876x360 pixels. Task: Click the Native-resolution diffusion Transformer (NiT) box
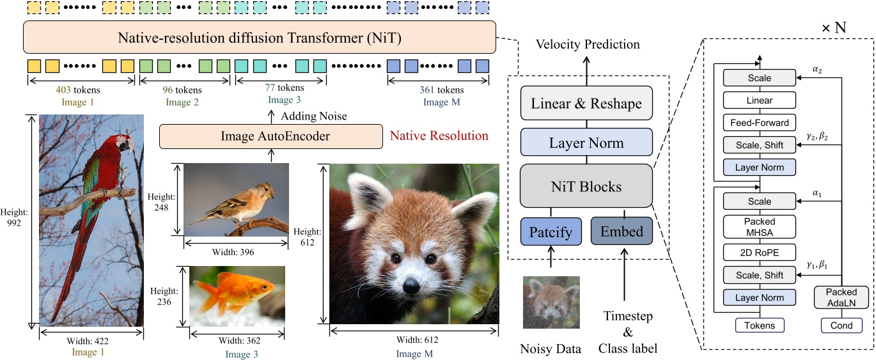point(260,38)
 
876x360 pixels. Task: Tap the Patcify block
point(551,231)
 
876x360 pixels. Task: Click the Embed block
point(622,231)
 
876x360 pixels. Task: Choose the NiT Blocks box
point(586,187)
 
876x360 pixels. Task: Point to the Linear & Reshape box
point(586,104)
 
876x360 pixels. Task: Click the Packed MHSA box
point(760,226)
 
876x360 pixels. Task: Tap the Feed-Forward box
point(760,122)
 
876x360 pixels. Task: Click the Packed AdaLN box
point(841,296)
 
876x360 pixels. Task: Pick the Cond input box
point(841,325)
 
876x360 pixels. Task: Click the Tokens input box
point(760,325)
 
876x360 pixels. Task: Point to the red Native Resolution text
point(439,136)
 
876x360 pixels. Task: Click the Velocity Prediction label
point(587,44)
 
